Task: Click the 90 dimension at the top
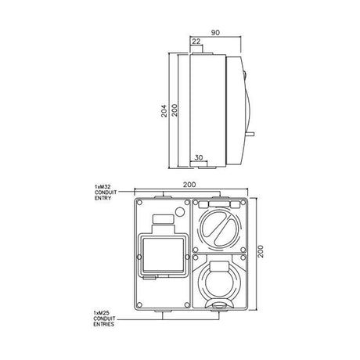click(x=215, y=33)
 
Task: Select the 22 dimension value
click(x=196, y=41)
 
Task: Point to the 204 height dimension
click(x=164, y=111)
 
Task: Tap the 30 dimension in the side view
click(x=199, y=157)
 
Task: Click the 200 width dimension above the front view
click(x=189, y=185)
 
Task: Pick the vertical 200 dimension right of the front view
click(x=261, y=251)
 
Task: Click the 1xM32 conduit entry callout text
click(x=106, y=193)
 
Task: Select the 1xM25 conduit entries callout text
click(x=104, y=319)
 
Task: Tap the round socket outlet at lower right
click(x=218, y=284)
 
